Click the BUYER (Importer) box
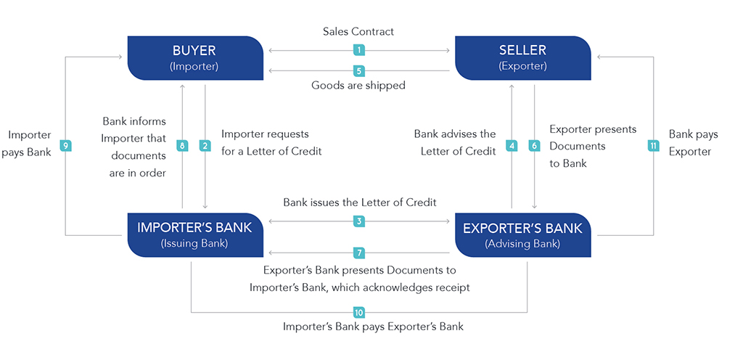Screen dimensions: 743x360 click(x=196, y=58)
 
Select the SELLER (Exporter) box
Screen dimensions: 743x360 click(x=522, y=58)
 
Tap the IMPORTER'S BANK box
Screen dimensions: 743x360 click(x=196, y=235)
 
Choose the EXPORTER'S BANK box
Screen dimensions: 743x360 click(x=522, y=235)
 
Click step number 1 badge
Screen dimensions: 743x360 click(x=359, y=49)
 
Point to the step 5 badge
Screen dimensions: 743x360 click(x=359, y=71)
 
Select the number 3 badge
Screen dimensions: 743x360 click(x=359, y=221)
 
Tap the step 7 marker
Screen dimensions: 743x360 click(x=359, y=253)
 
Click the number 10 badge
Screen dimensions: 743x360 click(x=359, y=312)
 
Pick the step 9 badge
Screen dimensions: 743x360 click(x=65, y=146)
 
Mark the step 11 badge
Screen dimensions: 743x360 click(x=654, y=146)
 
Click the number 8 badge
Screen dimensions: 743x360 click(x=182, y=146)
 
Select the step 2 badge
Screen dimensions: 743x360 click(x=205, y=146)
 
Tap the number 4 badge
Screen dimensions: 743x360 click(x=512, y=146)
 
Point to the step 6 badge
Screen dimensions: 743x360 click(x=535, y=146)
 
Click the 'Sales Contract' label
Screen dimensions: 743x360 click(x=358, y=32)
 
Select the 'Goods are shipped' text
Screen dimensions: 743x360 click(x=358, y=86)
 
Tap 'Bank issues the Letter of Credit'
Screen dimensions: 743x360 click(x=360, y=202)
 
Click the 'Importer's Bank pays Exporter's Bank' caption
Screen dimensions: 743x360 click(x=373, y=327)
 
